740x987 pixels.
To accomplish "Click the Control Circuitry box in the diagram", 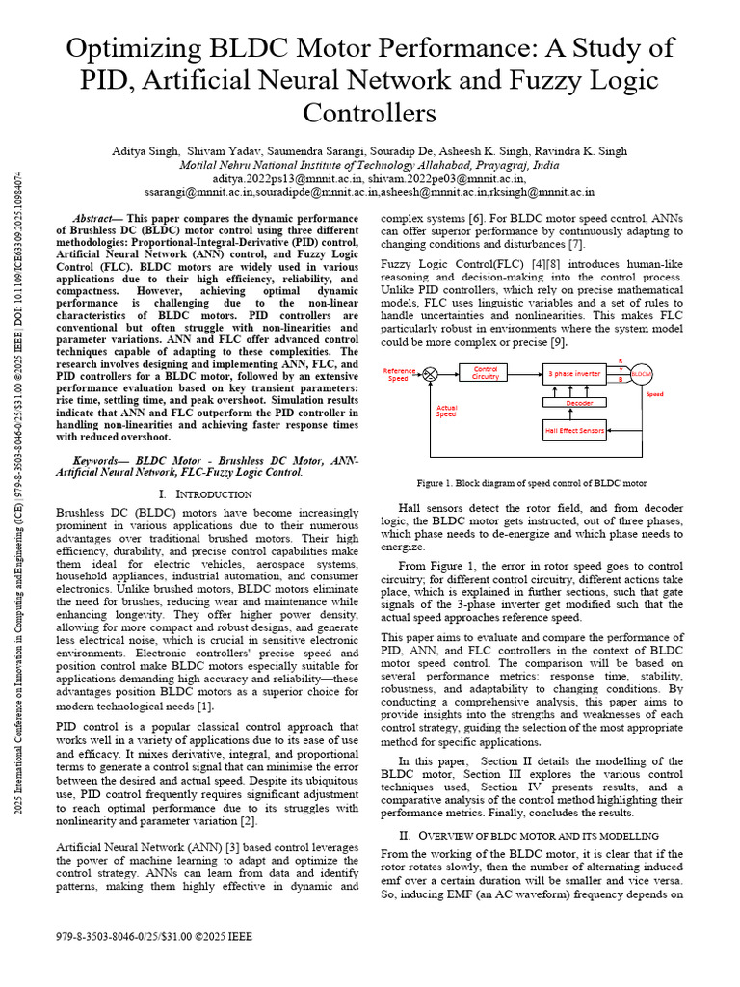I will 486,373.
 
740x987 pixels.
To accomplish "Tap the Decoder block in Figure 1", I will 579,403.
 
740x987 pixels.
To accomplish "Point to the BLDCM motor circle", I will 642,373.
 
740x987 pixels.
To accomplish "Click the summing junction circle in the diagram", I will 431,373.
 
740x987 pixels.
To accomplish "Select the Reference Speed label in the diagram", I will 399,374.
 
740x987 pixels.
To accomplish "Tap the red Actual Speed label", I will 446,411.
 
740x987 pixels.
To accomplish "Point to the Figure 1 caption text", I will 531,483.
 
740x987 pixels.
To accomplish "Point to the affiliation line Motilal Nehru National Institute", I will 369,165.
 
